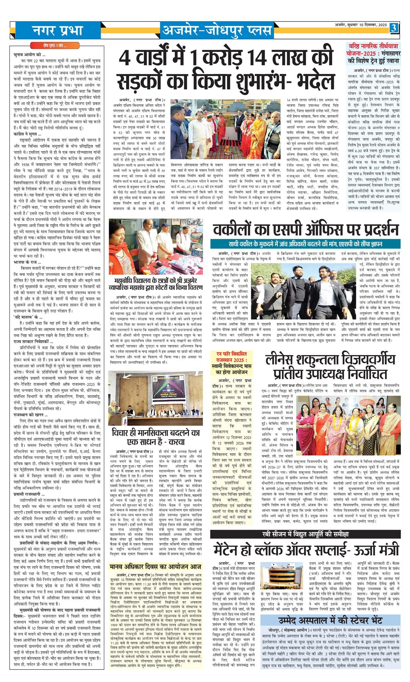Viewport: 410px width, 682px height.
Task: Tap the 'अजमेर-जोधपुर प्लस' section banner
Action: pos(217,30)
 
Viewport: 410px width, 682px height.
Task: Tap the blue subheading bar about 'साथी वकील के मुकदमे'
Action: pos(305,244)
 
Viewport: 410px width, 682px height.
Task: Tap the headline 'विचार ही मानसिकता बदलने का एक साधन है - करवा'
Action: pos(155,437)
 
